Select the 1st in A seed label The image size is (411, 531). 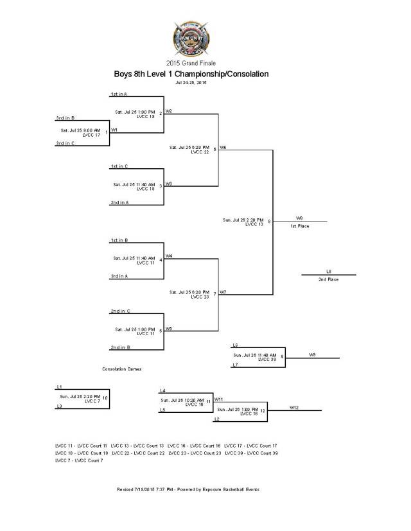[119, 94]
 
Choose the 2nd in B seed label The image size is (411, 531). [119, 347]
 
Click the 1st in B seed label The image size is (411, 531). [119, 239]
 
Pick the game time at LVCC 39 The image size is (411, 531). [255, 354]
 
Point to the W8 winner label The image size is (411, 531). [299, 218]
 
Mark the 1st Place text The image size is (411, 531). [299, 226]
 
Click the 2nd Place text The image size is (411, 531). [328, 279]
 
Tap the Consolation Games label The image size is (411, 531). [122, 369]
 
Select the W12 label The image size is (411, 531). [293, 407]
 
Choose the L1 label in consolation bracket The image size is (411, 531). [59, 387]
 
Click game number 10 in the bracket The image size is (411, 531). [105, 398]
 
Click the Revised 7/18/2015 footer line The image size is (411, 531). [188, 489]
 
